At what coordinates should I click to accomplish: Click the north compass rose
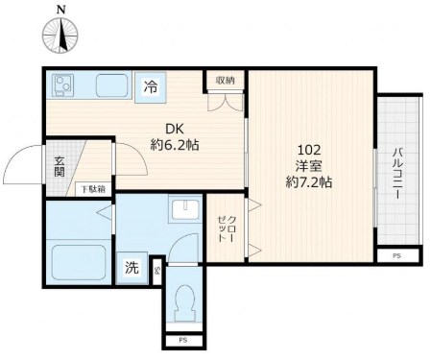(x=60, y=35)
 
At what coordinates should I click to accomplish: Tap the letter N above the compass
(x=60, y=10)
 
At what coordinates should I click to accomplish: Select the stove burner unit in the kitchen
(x=62, y=84)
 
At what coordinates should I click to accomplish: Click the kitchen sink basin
(x=111, y=85)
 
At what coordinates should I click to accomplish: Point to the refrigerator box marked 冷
(x=151, y=87)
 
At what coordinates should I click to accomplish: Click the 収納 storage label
(x=226, y=81)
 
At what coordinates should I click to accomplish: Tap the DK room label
(x=175, y=129)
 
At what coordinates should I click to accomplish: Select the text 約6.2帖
(x=175, y=146)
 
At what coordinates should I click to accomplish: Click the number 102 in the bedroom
(x=309, y=150)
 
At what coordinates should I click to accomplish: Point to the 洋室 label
(x=309, y=166)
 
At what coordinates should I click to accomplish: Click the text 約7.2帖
(x=309, y=182)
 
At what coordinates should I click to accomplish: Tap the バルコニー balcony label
(x=398, y=173)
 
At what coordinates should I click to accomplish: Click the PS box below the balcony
(x=397, y=256)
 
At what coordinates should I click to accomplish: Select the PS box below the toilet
(x=183, y=341)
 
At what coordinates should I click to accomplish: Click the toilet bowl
(x=184, y=301)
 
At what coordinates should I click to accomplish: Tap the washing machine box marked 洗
(x=132, y=268)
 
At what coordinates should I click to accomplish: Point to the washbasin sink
(x=185, y=209)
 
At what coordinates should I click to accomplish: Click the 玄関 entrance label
(x=60, y=166)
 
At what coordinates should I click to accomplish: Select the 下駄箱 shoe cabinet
(x=93, y=189)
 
